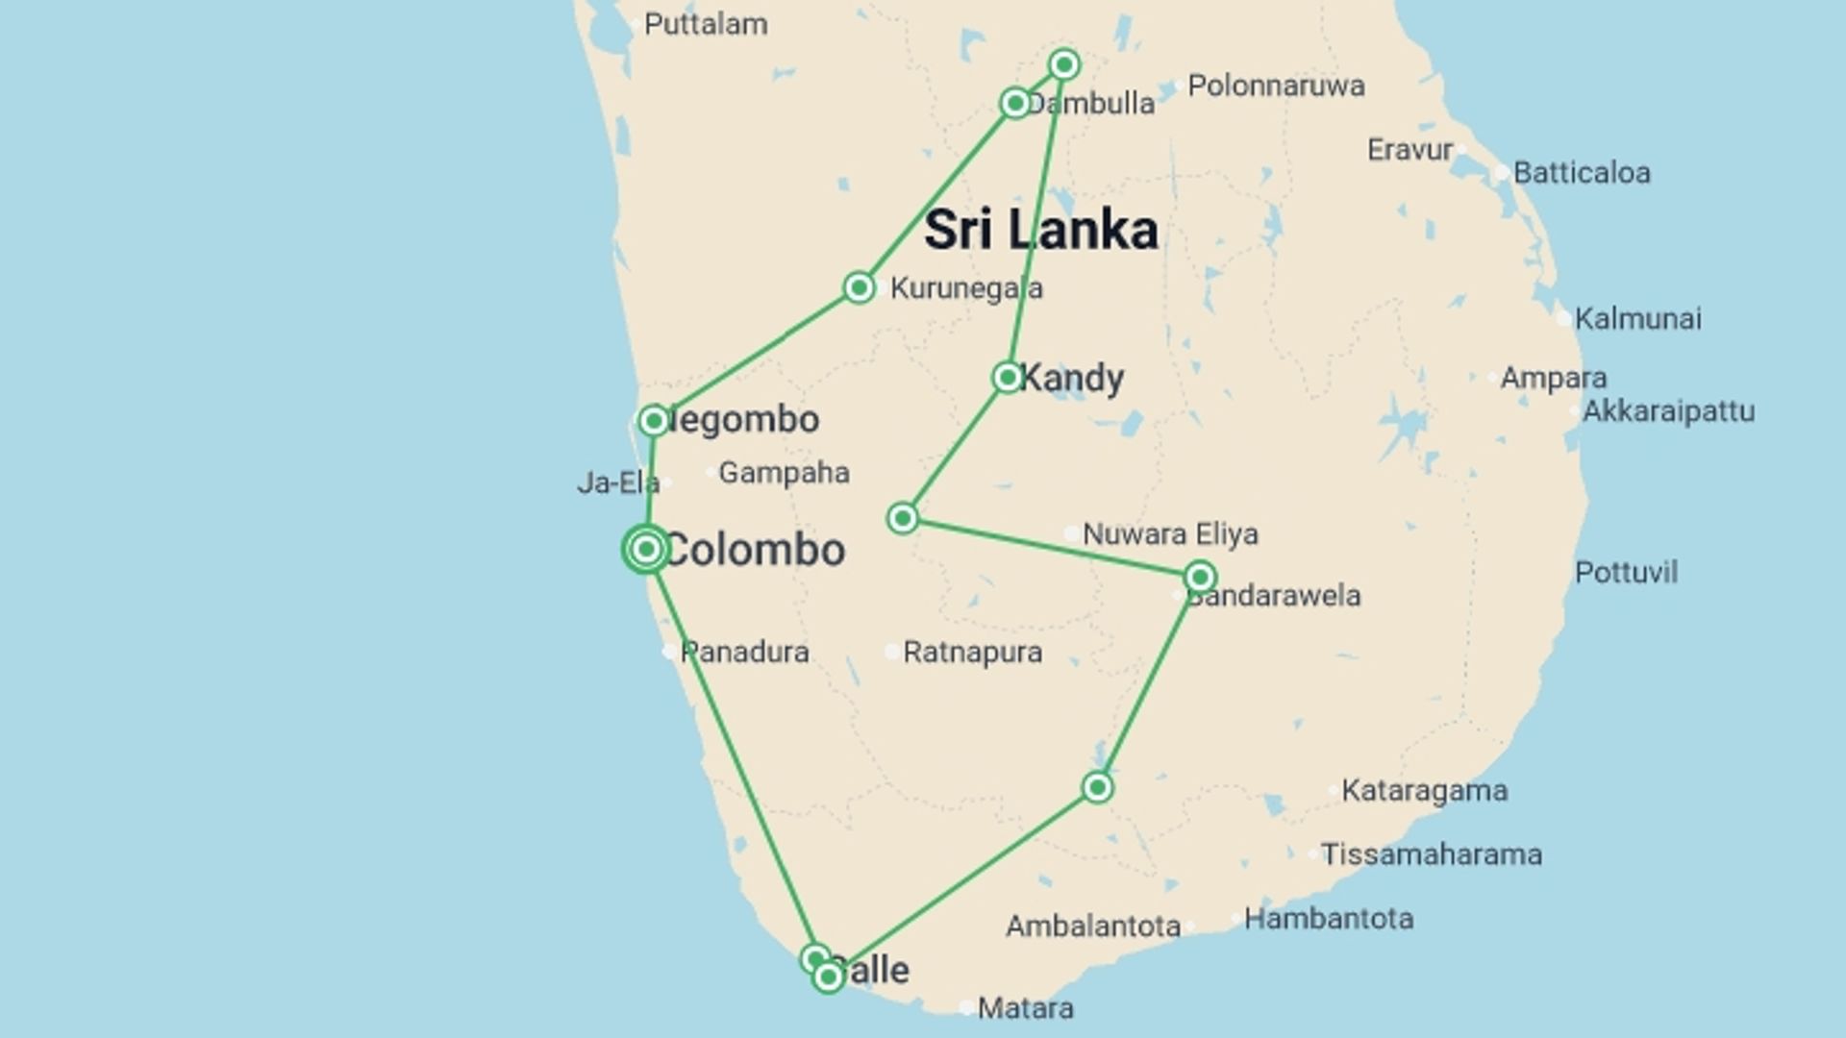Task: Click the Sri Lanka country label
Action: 1041,231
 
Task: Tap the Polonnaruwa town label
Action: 1276,86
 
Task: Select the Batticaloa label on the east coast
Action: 1582,173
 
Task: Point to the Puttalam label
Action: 706,24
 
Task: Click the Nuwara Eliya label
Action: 1170,533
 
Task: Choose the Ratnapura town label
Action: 972,653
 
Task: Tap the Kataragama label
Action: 1424,791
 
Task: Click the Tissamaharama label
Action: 1431,854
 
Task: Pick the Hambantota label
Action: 1328,919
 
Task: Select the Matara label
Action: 1025,1008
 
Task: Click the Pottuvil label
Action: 1626,573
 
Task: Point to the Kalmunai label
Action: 1637,319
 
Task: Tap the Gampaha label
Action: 784,473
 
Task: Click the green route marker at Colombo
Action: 646,549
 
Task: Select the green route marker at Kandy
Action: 1007,377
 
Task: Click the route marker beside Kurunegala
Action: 859,287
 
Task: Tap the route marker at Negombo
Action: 654,420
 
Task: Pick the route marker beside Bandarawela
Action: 1199,577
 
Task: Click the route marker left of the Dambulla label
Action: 1015,103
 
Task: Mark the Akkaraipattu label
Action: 1668,411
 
